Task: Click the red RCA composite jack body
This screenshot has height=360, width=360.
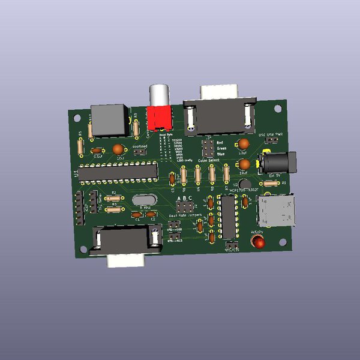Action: (160, 116)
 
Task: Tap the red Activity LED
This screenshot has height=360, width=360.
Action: (259, 242)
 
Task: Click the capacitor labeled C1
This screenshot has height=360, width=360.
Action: (138, 214)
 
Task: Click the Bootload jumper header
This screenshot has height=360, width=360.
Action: (139, 152)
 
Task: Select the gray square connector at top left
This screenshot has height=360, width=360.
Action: (109, 119)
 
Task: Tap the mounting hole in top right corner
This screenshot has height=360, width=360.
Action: (277, 109)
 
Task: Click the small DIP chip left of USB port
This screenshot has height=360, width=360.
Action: (227, 217)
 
